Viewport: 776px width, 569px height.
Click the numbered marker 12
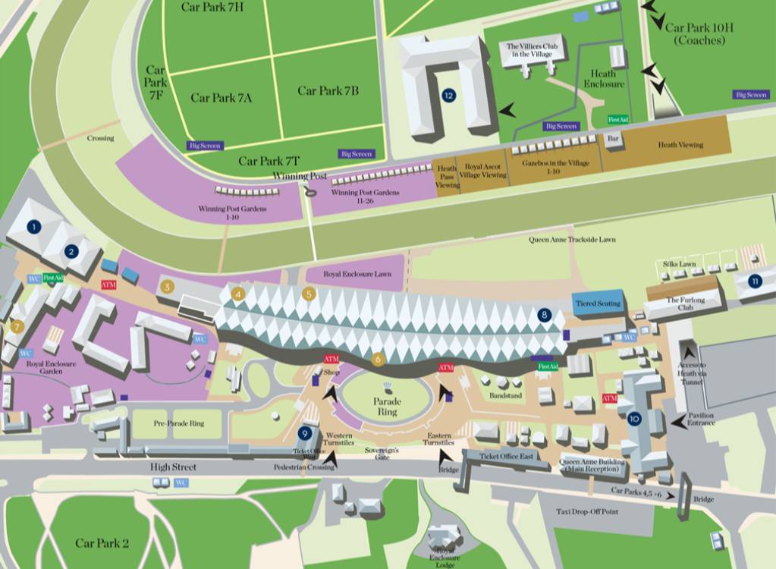point(449,96)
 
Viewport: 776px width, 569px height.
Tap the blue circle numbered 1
point(33,226)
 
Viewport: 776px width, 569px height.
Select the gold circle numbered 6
point(379,360)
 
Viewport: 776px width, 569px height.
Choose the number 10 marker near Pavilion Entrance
point(634,418)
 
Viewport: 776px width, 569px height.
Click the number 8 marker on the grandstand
point(543,315)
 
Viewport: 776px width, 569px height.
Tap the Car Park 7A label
point(221,97)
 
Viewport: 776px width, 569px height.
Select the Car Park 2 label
point(102,543)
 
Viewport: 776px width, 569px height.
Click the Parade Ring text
point(386,406)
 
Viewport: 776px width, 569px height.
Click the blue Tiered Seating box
point(598,303)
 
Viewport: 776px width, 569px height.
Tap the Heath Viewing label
point(680,145)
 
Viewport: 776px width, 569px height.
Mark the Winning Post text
point(300,176)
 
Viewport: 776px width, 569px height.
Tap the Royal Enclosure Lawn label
point(357,274)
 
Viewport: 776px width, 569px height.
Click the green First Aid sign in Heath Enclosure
point(618,120)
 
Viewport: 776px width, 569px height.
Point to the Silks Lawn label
point(678,264)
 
